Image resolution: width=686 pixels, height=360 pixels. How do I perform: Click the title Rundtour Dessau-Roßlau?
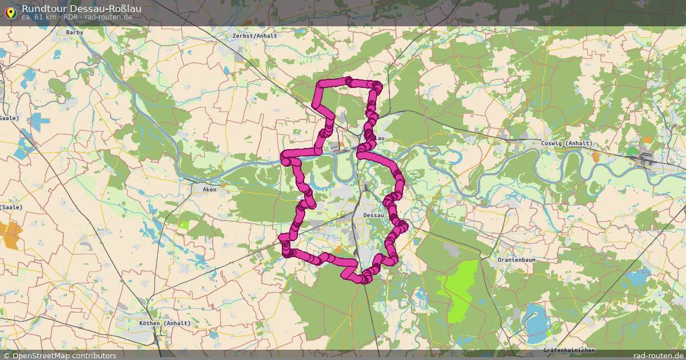(81, 9)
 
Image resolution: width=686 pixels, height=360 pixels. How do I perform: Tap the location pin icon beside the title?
(10, 11)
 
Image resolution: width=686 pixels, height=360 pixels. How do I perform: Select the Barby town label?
(74, 33)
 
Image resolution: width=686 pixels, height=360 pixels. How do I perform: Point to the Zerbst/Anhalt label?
(255, 35)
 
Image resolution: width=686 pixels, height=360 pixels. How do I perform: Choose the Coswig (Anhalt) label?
(559, 143)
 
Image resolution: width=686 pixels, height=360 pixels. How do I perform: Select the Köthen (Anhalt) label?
(165, 323)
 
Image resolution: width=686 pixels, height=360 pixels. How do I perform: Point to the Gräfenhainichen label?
(569, 350)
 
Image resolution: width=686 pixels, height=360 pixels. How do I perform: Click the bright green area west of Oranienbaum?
(461, 289)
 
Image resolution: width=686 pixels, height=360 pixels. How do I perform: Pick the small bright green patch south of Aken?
(184, 225)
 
